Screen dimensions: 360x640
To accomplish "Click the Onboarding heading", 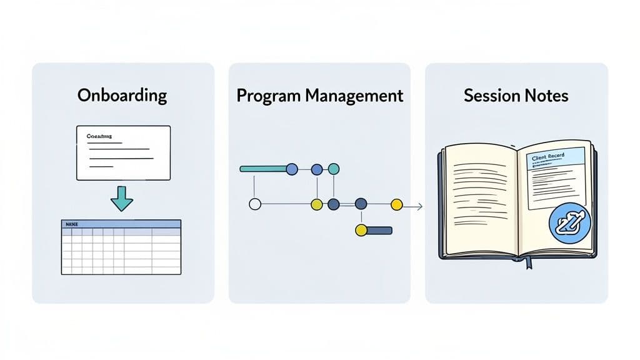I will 122,96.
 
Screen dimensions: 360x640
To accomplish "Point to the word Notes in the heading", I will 547,96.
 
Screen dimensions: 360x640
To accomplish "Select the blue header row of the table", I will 121,223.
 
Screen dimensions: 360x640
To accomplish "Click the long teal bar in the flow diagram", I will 262,169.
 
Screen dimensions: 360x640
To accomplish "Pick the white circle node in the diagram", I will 254,204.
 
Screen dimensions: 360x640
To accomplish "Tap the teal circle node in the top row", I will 334,169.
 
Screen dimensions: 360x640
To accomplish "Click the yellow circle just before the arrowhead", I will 396,204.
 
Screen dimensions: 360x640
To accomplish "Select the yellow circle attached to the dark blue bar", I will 361,231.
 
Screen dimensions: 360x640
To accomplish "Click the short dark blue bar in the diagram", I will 379,231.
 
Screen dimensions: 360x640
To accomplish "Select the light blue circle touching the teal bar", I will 291,169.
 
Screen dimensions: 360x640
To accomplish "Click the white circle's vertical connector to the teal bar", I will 254,185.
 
